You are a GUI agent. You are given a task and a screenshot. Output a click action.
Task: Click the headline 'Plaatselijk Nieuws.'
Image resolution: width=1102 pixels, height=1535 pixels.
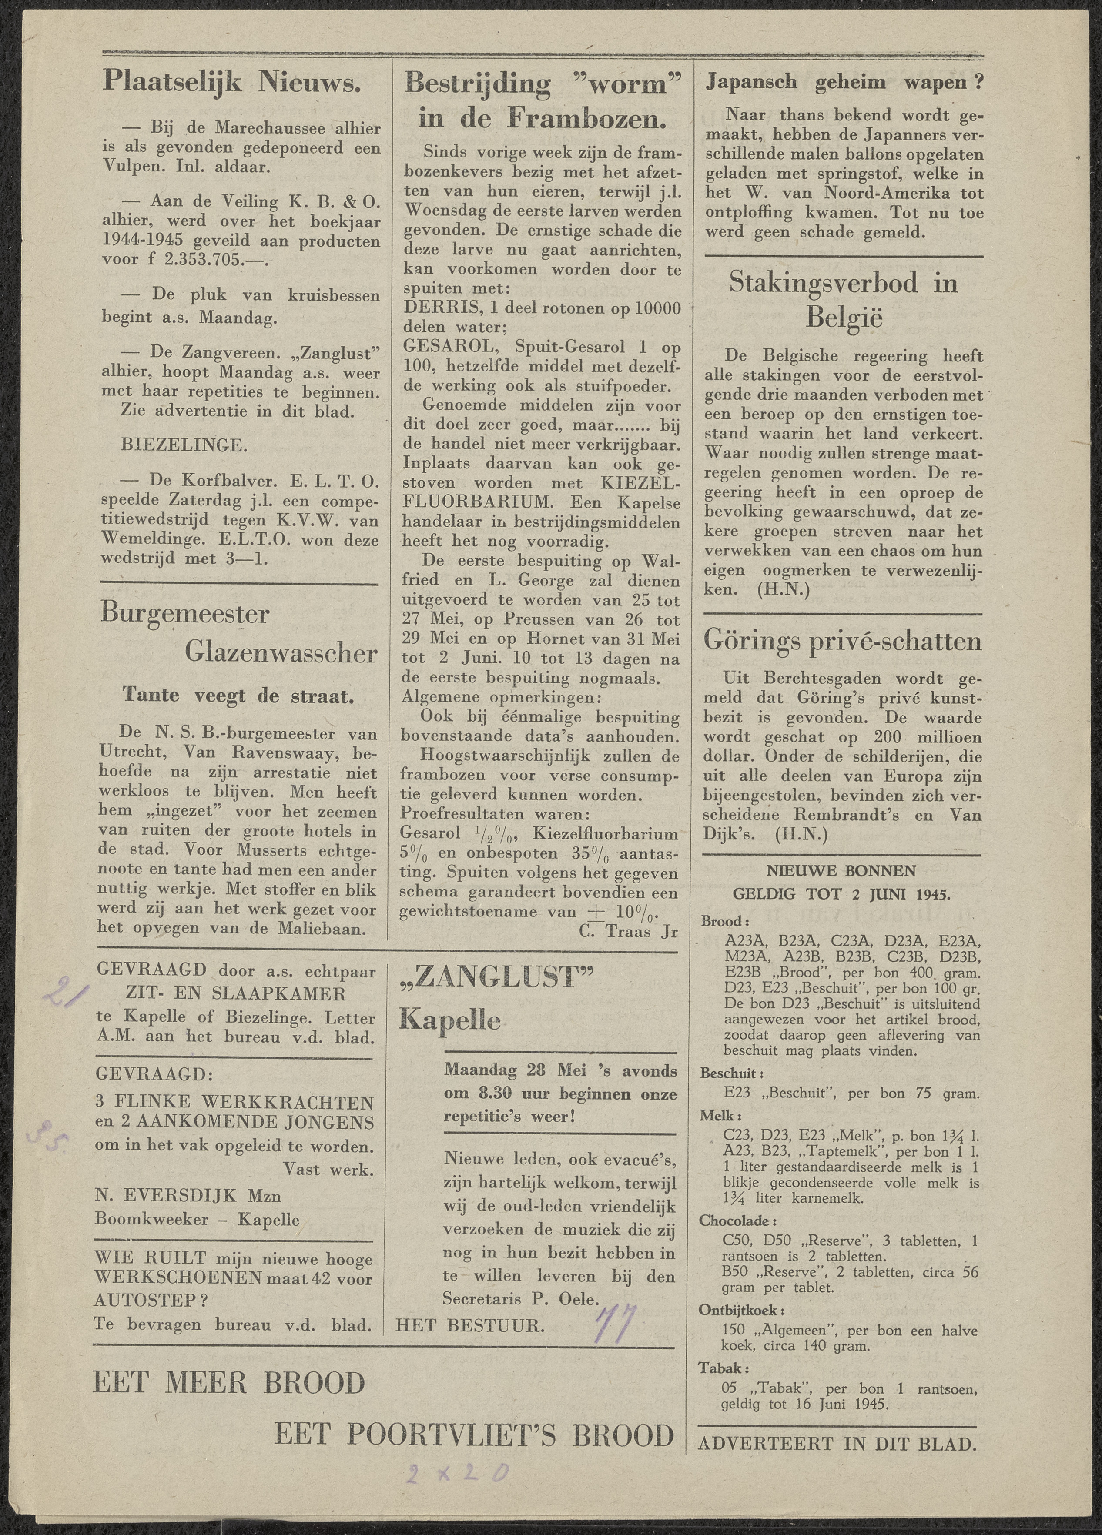(x=231, y=83)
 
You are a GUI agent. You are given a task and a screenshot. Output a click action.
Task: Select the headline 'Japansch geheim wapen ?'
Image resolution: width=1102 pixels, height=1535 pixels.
(x=844, y=83)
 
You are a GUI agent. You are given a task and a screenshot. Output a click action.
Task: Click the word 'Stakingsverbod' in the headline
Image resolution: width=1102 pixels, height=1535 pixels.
(x=823, y=283)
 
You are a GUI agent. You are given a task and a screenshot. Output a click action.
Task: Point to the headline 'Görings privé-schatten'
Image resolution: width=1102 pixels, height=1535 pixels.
(x=842, y=640)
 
